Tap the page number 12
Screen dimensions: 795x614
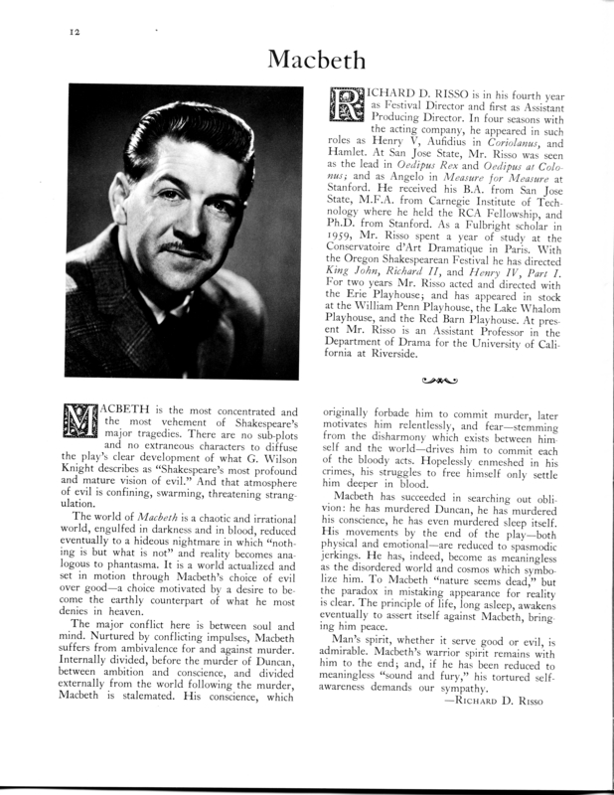(x=48, y=32)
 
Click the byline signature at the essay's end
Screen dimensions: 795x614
(x=497, y=724)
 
